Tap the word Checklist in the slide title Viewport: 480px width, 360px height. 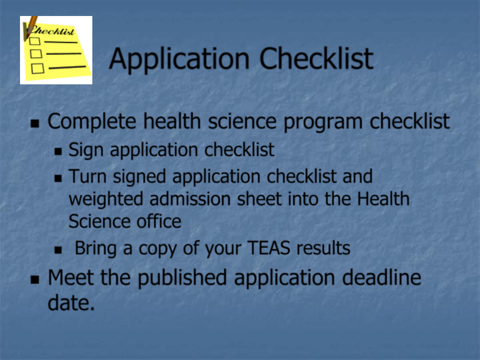316,58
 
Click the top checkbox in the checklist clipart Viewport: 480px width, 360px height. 35,41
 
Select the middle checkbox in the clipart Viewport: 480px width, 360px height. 36,54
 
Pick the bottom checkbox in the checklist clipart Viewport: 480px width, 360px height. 38,68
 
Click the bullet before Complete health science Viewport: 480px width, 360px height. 35,123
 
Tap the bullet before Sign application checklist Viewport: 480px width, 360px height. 58,151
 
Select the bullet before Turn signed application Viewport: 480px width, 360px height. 58,178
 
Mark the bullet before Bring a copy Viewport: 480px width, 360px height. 58,250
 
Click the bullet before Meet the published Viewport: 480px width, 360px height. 35,279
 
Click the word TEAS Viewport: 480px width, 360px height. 269,248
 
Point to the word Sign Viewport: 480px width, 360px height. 86,150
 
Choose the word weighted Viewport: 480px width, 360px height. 106,199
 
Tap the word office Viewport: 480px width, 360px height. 159,221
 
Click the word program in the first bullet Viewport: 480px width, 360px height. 323,122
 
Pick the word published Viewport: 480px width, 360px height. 182,278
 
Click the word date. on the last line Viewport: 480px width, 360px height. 71,303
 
